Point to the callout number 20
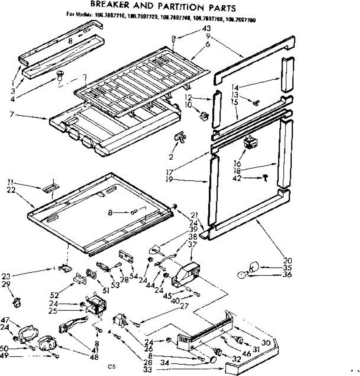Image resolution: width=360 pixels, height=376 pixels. [x=287, y=260]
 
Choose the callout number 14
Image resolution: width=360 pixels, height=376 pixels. [x=235, y=87]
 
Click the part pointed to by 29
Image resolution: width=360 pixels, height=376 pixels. [x=18, y=302]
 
